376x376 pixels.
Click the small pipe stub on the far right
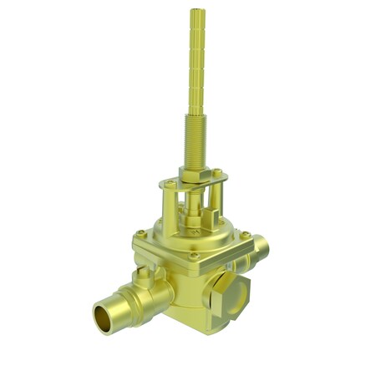(x=261, y=246)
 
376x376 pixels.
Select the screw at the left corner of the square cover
(x=141, y=233)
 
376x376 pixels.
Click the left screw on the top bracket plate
(x=170, y=182)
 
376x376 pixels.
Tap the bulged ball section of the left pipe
(x=155, y=292)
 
